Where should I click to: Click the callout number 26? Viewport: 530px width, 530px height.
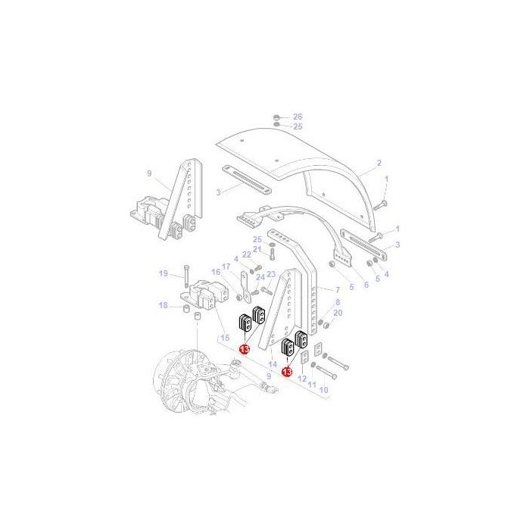point(298,117)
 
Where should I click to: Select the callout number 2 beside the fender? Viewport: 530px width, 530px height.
point(379,163)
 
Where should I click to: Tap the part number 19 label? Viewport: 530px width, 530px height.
point(162,273)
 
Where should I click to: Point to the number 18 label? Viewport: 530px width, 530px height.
point(162,305)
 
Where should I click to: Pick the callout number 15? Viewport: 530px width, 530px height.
point(223,337)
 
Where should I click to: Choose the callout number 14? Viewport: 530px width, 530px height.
point(273,364)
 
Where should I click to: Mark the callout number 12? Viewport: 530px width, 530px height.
point(303,379)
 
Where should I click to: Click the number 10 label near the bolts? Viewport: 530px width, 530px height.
point(323,390)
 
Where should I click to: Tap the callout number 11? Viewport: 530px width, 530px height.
point(312,385)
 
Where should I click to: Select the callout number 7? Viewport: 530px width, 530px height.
point(338,290)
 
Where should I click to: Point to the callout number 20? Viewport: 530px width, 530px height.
point(338,313)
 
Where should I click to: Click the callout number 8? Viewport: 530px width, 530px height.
point(338,302)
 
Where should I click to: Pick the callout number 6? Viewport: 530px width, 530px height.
point(366,285)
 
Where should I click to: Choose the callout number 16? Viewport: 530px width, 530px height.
point(216,272)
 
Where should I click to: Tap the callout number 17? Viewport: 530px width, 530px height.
point(226,267)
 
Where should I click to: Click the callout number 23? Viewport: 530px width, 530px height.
point(270,273)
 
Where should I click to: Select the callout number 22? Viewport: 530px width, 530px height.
point(246,254)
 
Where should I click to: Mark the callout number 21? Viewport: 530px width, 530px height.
point(257,249)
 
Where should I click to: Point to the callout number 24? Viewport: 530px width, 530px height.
point(261,278)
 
